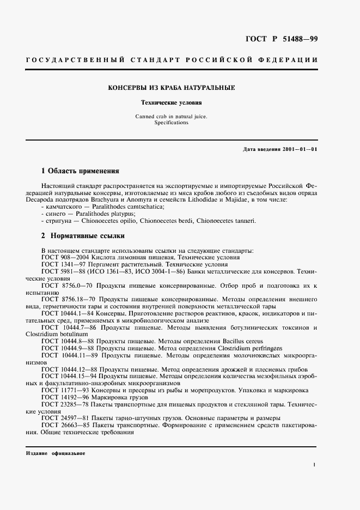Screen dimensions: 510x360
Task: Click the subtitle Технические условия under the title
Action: (x=172, y=102)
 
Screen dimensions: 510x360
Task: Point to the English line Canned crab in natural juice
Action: (x=172, y=117)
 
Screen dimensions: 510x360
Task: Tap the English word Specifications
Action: (x=172, y=123)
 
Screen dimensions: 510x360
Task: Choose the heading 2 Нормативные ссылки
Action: (x=83, y=236)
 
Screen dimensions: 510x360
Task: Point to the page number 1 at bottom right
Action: (x=315, y=464)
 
